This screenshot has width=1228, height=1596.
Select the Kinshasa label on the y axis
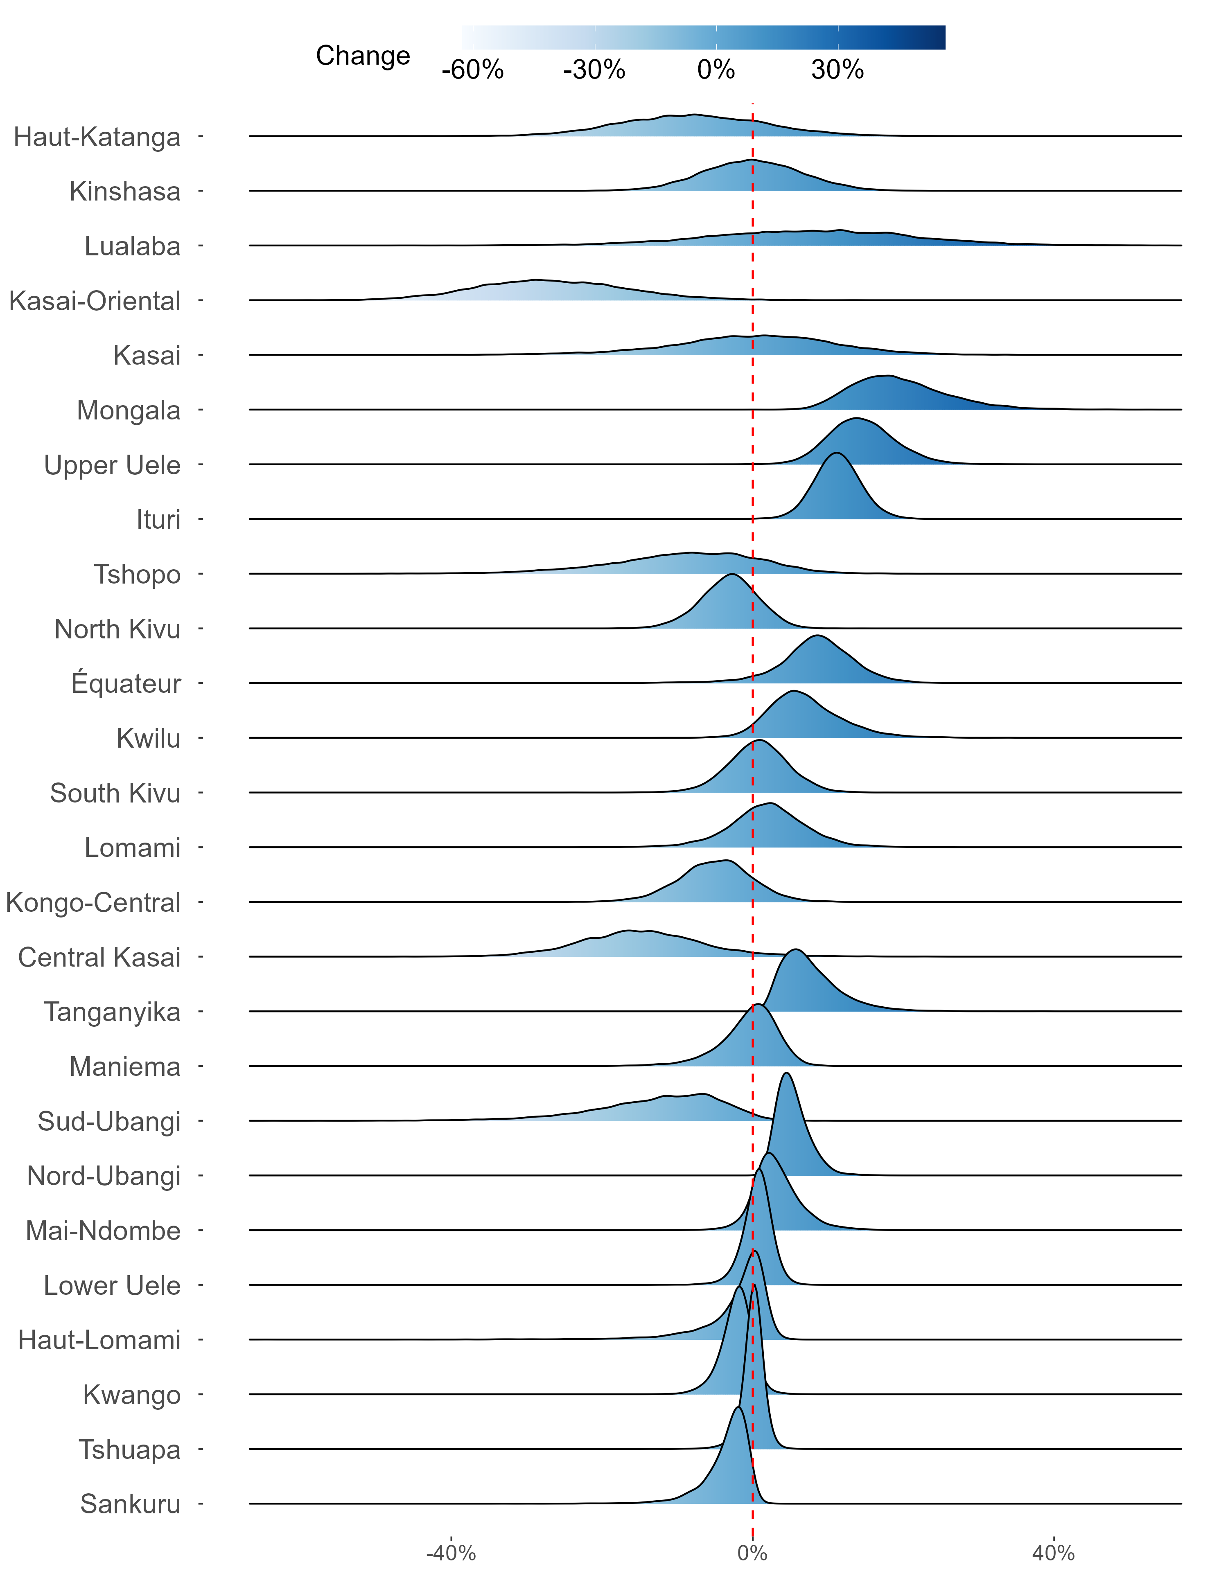124,192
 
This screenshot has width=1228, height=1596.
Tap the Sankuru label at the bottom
130,1504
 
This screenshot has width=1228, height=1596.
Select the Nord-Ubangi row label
104,1176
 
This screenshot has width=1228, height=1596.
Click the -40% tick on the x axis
451,1553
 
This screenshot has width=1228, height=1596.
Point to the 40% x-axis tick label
1053,1553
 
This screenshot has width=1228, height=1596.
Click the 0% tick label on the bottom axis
752,1553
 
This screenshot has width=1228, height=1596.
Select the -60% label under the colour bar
472,70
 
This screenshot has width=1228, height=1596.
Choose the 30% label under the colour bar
837,70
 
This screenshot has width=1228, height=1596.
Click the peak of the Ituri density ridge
836,454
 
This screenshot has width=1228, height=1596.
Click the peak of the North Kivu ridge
731,575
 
